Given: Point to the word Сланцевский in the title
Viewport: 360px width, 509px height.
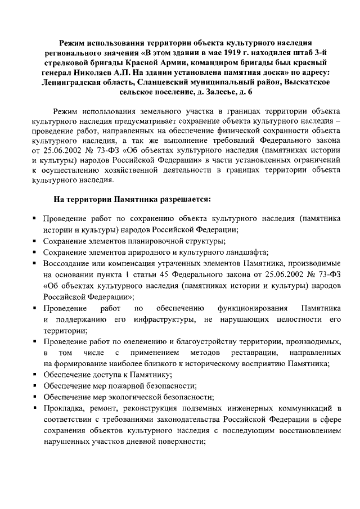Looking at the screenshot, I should click(x=161, y=82).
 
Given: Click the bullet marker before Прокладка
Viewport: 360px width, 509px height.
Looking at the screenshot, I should click(x=35, y=407).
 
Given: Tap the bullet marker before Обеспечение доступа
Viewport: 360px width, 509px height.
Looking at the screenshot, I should click(x=35, y=375).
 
